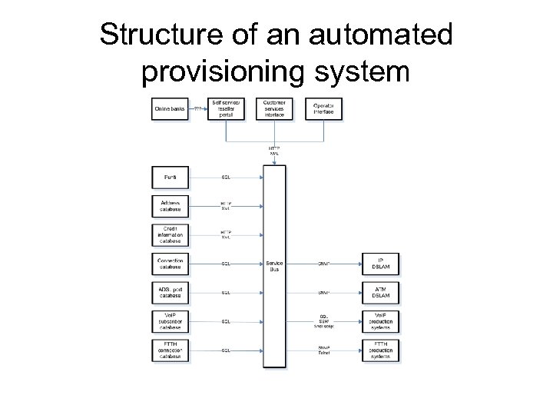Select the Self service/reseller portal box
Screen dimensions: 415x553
[x=227, y=109]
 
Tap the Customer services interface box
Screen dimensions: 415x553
[x=274, y=109]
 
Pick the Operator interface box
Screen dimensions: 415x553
[x=323, y=109]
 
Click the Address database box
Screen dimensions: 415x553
[x=171, y=206]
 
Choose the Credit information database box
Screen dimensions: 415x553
[x=171, y=234]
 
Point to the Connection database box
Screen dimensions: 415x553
[x=171, y=264]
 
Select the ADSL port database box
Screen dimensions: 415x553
[x=171, y=292]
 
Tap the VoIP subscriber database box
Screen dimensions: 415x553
[x=171, y=321]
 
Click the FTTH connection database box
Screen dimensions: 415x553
[x=171, y=350]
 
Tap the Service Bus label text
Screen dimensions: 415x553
[x=274, y=264]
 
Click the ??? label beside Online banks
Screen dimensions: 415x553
[x=198, y=109]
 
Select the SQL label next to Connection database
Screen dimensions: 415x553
[x=227, y=264]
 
